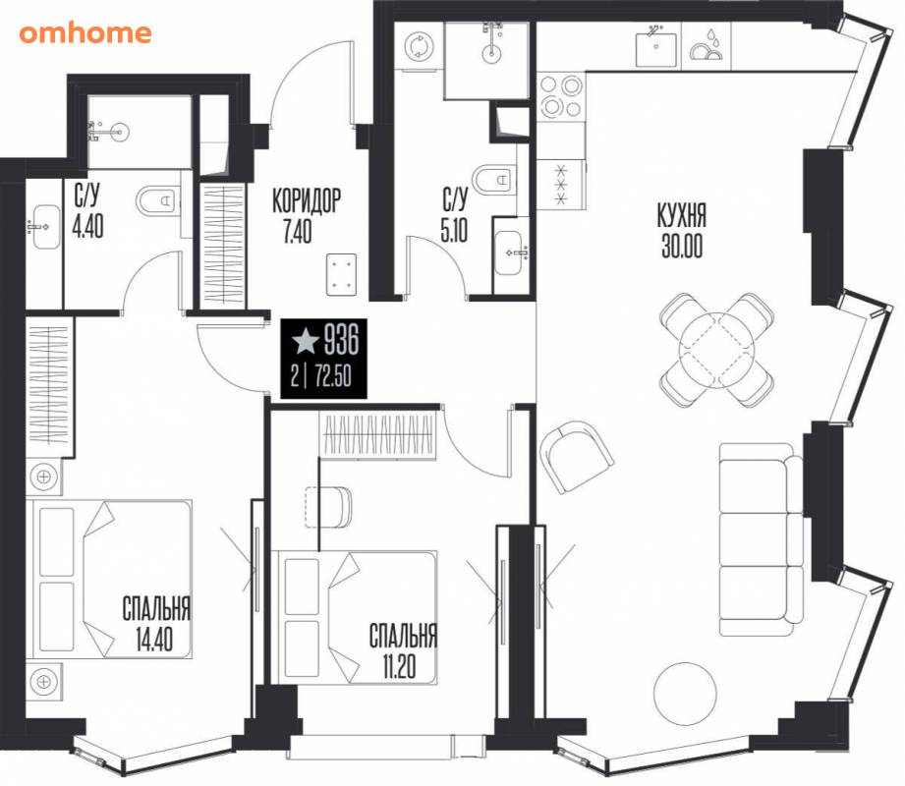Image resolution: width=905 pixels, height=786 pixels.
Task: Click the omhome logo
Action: [x=85, y=32]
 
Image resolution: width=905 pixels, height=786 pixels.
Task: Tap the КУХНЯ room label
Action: [x=682, y=216]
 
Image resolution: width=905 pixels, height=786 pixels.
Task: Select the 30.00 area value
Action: [x=682, y=247]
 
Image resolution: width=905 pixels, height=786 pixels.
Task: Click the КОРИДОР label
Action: [x=307, y=200]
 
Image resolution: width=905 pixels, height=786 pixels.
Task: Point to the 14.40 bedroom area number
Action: [x=154, y=639]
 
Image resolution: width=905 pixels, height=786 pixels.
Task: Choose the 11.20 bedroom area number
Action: [x=399, y=666]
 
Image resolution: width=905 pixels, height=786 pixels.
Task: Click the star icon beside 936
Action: [x=306, y=341]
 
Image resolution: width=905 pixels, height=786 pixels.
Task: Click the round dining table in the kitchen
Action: [x=717, y=351]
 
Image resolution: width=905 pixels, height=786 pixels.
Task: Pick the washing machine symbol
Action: [x=419, y=47]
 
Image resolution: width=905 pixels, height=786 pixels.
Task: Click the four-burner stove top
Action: [x=560, y=96]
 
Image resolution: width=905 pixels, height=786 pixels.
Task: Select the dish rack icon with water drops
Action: [x=707, y=44]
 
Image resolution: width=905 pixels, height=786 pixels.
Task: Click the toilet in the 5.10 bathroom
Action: [x=491, y=179]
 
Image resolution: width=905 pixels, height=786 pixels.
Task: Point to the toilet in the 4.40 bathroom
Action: [x=157, y=201]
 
